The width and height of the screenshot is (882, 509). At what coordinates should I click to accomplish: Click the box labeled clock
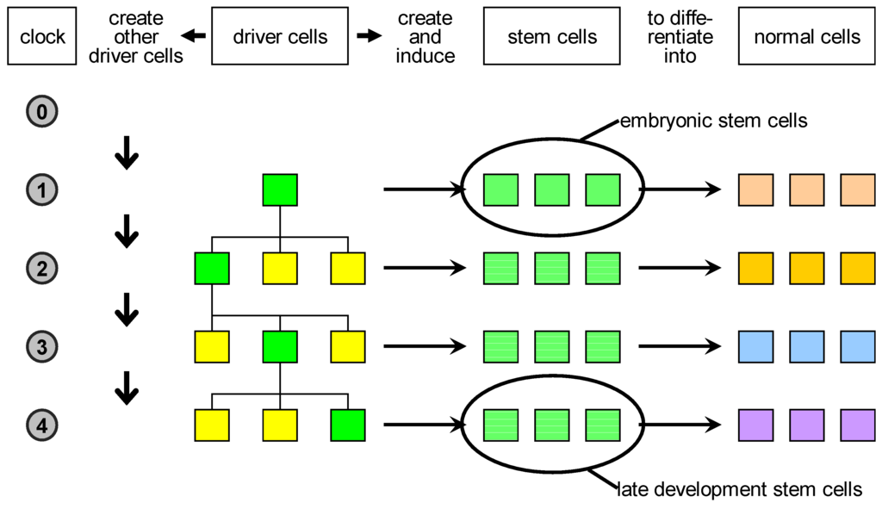pyautogui.click(x=42, y=37)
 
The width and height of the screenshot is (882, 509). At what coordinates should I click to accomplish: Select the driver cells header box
pyautogui.click(x=281, y=37)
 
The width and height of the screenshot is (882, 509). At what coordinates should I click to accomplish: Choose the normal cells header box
pyautogui.click(x=806, y=37)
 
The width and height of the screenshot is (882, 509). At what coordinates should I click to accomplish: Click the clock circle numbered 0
pyautogui.click(x=42, y=111)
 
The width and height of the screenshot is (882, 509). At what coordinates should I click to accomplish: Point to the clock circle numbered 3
pyautogui.click(x=42, y=346)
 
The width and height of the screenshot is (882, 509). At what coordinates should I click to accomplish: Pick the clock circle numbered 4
pyautogui.click(x=42, y=425)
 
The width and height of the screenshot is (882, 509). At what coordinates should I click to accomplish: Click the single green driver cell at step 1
pyautogui.click(x=280, y=190)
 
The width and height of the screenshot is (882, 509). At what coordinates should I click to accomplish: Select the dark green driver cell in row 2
pyautogui.click(x=212, y=269)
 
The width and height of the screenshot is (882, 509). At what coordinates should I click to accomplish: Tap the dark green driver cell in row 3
pyautogui.click(x=280, y=346)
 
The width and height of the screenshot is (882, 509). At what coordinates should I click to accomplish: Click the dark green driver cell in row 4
pyautogui.click(x=348, y=425)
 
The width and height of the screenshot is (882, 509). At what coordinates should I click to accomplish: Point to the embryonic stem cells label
pyautogui.click(x=713, y=121)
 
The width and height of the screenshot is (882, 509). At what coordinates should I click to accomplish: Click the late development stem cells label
pyautogui.click(x=739, y=490)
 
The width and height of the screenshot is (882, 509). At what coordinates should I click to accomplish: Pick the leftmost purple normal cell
pyautogui.click(x=755, y=425)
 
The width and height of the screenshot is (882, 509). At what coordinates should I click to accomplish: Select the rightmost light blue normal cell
pyautogui.click(x=857, y=346)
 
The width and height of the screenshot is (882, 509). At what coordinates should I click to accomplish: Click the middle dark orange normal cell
pyautogui.click(x=806, y=269)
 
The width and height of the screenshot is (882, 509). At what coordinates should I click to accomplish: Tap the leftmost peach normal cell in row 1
pyautogui.click(x=755, y=190)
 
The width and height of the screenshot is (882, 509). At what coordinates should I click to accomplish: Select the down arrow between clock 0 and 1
pyautogui.click(x=127, y=152)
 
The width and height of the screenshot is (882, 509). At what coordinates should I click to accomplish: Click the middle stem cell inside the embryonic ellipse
pyautogui.click(x=552, y=190)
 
